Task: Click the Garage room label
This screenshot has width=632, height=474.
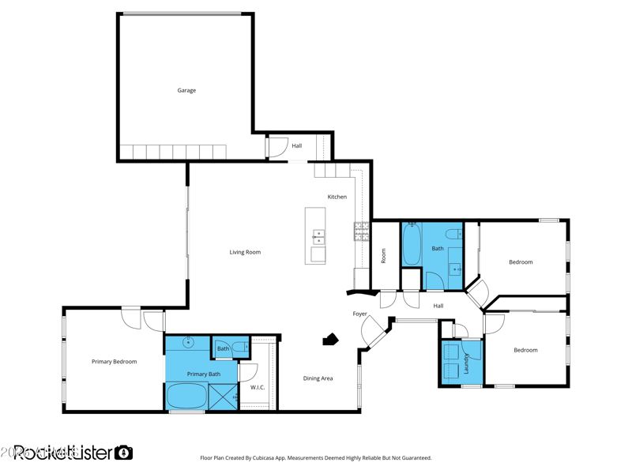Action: click(186, 91)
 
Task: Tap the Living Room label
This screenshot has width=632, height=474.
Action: click(245, 253)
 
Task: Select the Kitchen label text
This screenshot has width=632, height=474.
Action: click(337, 197)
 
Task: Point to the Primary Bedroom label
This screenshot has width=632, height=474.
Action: click(114, 362)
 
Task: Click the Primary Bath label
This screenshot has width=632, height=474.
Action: click(204, 374)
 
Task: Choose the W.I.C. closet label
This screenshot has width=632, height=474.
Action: click(258, 388)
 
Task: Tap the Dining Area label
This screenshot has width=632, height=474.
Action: click(318, 378)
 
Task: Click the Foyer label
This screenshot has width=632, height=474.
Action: click(359, 314)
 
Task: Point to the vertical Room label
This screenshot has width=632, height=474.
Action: click(384, 256)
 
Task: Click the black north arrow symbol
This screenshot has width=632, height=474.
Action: click(330, 340)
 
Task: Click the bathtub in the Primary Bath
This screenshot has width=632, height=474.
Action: click(186, 395)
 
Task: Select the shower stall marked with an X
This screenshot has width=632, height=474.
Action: click(224, 396)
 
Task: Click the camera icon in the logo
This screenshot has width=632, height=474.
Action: click(123, 453)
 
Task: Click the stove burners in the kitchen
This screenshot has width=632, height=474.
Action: click(361, 231)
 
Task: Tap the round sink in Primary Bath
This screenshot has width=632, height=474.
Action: click(188, 343)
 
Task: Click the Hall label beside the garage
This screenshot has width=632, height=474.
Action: click(296, 146)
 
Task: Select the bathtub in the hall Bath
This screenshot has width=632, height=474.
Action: click(412, 246)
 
